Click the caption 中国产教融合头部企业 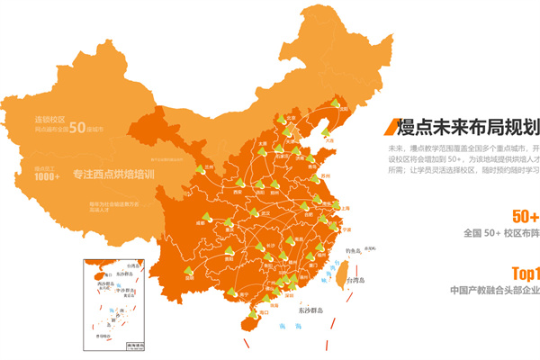pyautogui.click(x=495, y=291)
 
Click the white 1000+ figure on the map pyautogui.click(x=48, y=177)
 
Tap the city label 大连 pyautogui.click(x=330, y=140)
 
